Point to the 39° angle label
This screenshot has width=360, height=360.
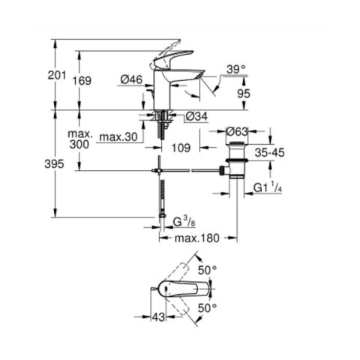[237, 69]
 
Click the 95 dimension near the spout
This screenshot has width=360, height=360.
[243, 94]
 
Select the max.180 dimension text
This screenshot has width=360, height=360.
[197, 238]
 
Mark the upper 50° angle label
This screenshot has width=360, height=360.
[207, 269]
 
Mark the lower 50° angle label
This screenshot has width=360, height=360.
[207, 307]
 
